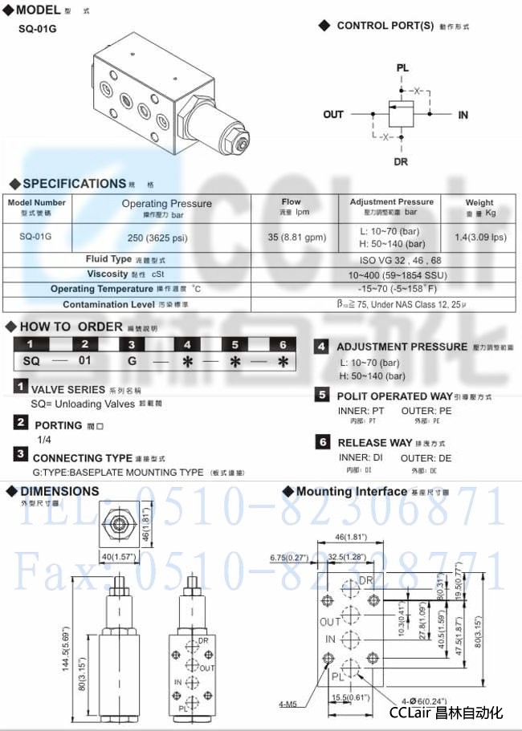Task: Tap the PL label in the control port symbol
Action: click(x=402, y=68)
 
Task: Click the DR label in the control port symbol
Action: click(x=401, y=161)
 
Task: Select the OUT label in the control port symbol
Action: click(x=333, y=115)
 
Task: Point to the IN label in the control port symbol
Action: click(x=463, y=116)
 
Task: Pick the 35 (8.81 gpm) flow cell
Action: click(x=292, y=237)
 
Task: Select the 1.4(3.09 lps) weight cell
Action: click(x=480, y=238)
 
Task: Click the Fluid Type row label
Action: click(x=109, y=259)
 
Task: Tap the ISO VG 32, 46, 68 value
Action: click(x=389, y=260)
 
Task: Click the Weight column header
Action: click(x=479, y=202)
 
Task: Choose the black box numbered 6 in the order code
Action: click(x=282, y=343)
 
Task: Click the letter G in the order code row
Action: click(x=133, y=361)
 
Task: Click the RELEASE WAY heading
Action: click(x=374, y=442)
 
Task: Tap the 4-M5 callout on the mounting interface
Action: click(x=287, y=705)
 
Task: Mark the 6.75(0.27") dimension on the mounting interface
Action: click(x=289, y=557)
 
